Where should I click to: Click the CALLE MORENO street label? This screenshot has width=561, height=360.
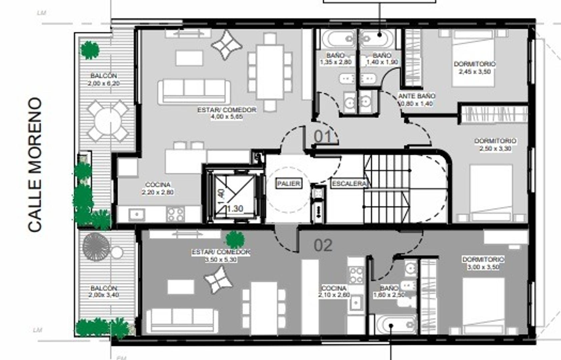coord(35,165)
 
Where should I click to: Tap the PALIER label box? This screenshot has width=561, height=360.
coord(289,183)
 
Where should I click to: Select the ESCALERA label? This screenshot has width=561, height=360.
coord(349,184)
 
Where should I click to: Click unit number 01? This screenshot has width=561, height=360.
coord(323,137)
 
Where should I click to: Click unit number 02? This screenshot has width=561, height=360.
coord(323,246)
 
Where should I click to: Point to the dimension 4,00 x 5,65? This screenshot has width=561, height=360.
coord(227,117)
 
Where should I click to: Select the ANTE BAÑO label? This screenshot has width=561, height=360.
coord(417,96)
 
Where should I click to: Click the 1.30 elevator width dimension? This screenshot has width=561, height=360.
coord(235,209)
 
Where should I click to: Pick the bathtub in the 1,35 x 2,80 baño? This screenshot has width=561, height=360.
coord(337,39)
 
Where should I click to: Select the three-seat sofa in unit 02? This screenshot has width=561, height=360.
coord(182,320)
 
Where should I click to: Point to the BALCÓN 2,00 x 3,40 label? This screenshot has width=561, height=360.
coord(104,291)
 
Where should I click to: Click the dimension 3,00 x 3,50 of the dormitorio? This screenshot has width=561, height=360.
coord(483,267)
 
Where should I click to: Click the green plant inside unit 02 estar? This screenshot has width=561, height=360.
coord(235,239)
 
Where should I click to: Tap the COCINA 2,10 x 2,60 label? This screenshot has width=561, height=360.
coord(334,291)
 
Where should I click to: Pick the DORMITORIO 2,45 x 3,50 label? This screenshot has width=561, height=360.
coord(475,67)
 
